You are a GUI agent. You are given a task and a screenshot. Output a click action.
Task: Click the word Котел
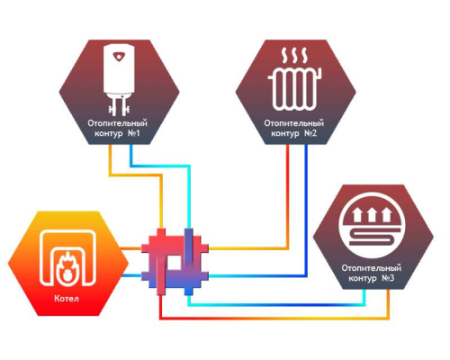(67, 299)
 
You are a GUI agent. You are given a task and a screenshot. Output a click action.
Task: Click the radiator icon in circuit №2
(294, 89)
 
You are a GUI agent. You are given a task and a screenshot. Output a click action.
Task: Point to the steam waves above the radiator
(294, 55)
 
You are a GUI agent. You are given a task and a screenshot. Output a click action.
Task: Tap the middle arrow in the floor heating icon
(372, 214)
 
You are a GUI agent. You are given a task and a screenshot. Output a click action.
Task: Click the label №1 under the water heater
(134, 133)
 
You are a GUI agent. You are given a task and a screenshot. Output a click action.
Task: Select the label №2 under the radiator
(310, 133)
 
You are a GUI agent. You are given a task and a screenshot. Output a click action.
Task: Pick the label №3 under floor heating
(388, 278)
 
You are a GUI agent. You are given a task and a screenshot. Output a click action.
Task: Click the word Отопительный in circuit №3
(372, 268)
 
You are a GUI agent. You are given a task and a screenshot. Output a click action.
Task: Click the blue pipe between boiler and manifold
(131, 275)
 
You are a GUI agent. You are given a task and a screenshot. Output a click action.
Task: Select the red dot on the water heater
(119, 57)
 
